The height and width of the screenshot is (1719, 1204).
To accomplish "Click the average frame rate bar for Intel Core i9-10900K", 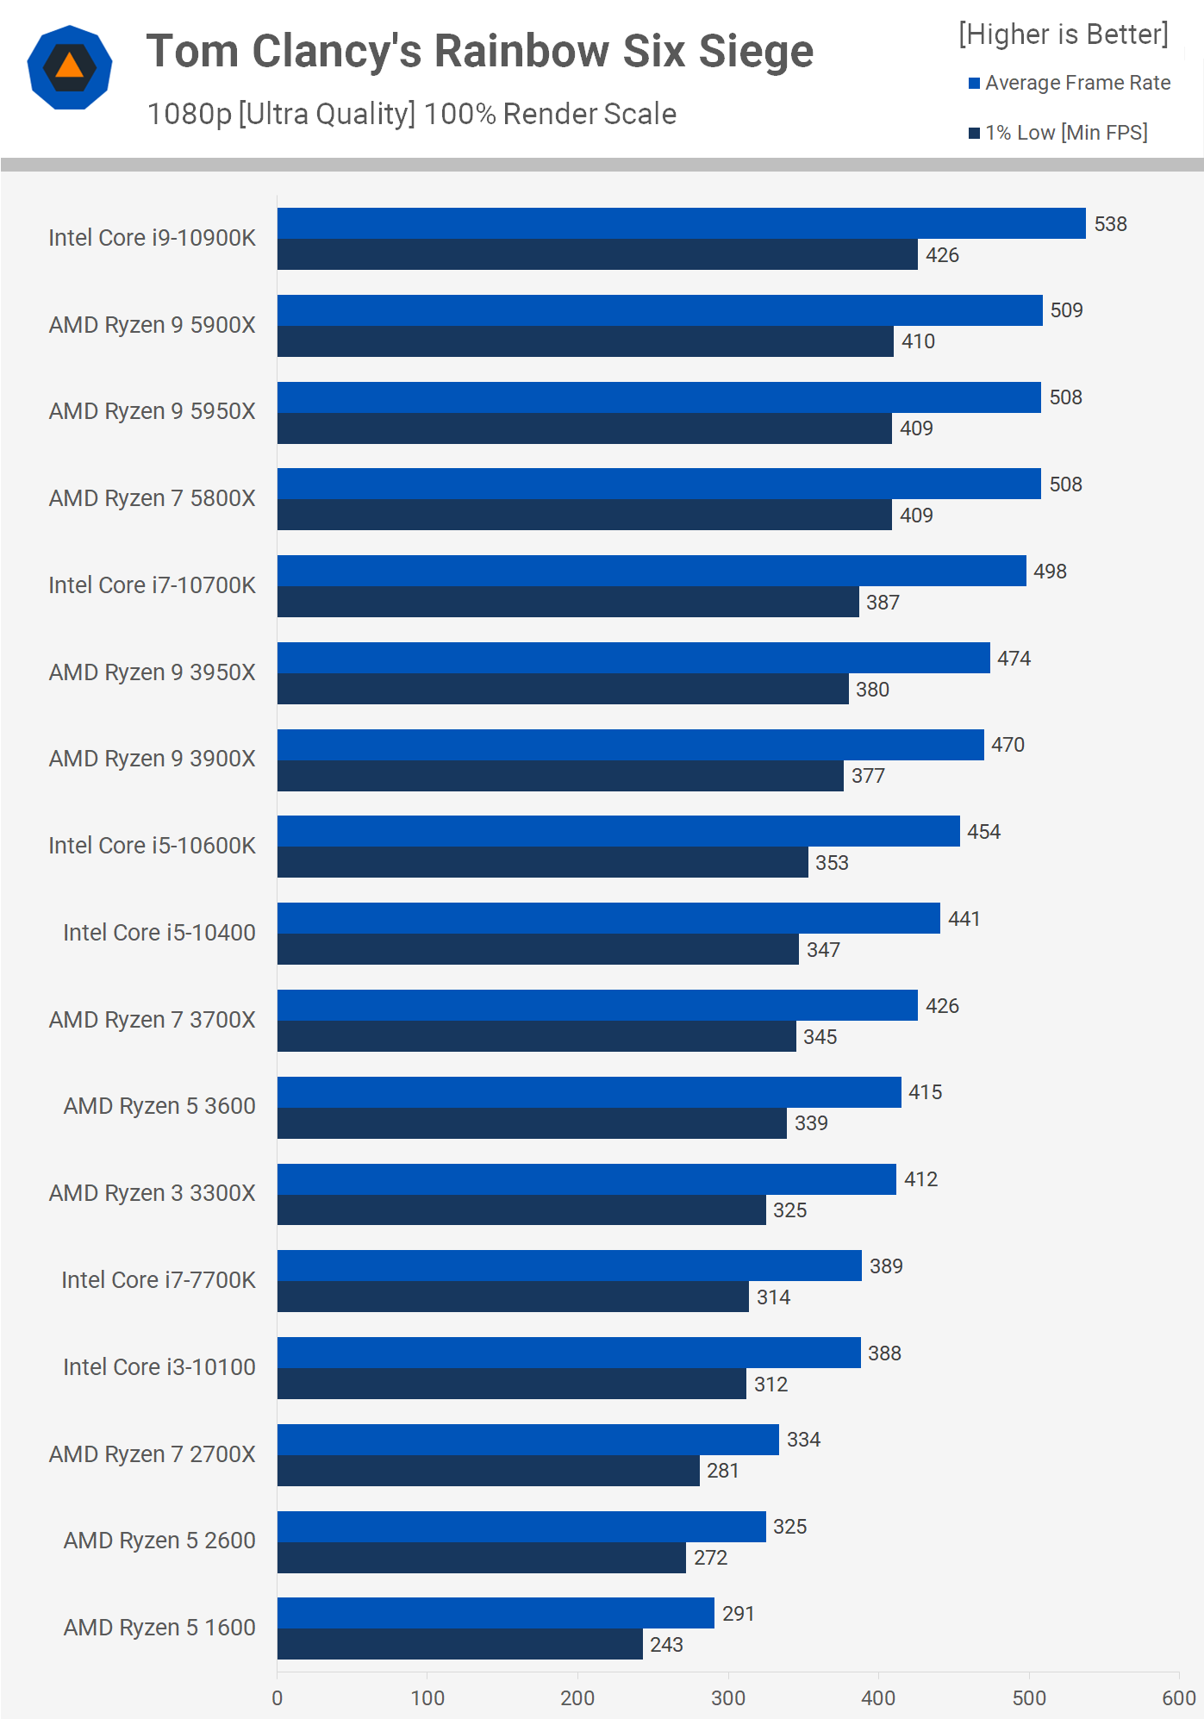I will pos(681,223).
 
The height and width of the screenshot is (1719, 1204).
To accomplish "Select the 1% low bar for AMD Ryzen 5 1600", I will pos(459,1644).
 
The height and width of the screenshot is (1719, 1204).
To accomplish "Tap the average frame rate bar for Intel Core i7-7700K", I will pos(569,1266).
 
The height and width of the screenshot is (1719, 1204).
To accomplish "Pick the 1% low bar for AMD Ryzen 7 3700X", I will pos(536,1036).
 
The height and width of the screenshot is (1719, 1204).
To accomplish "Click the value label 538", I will pos(1110,224).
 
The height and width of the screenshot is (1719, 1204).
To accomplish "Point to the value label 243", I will pos(666,1645).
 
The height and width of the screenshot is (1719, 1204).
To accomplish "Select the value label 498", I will pos(1050,572).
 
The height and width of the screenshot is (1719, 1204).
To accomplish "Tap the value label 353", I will pos(832,863).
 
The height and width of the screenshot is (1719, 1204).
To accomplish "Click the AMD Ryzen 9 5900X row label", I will pos(153,325).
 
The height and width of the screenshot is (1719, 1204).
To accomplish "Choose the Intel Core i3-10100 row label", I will pos(159,1367).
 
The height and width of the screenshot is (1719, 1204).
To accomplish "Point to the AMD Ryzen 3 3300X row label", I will pos(153,1193).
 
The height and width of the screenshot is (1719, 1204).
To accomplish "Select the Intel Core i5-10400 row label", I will pos(159,933).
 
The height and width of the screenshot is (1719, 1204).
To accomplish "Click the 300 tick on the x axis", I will pos(728,1698).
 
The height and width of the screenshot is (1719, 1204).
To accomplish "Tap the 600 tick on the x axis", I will pos(1178,1698).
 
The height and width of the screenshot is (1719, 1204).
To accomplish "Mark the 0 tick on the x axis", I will pos(278,1698).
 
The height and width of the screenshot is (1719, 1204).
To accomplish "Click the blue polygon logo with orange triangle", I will pos(70,67).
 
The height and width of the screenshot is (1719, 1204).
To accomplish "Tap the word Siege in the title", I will pos(755,52).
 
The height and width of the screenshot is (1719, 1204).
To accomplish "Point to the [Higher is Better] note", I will pos(1064,34).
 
